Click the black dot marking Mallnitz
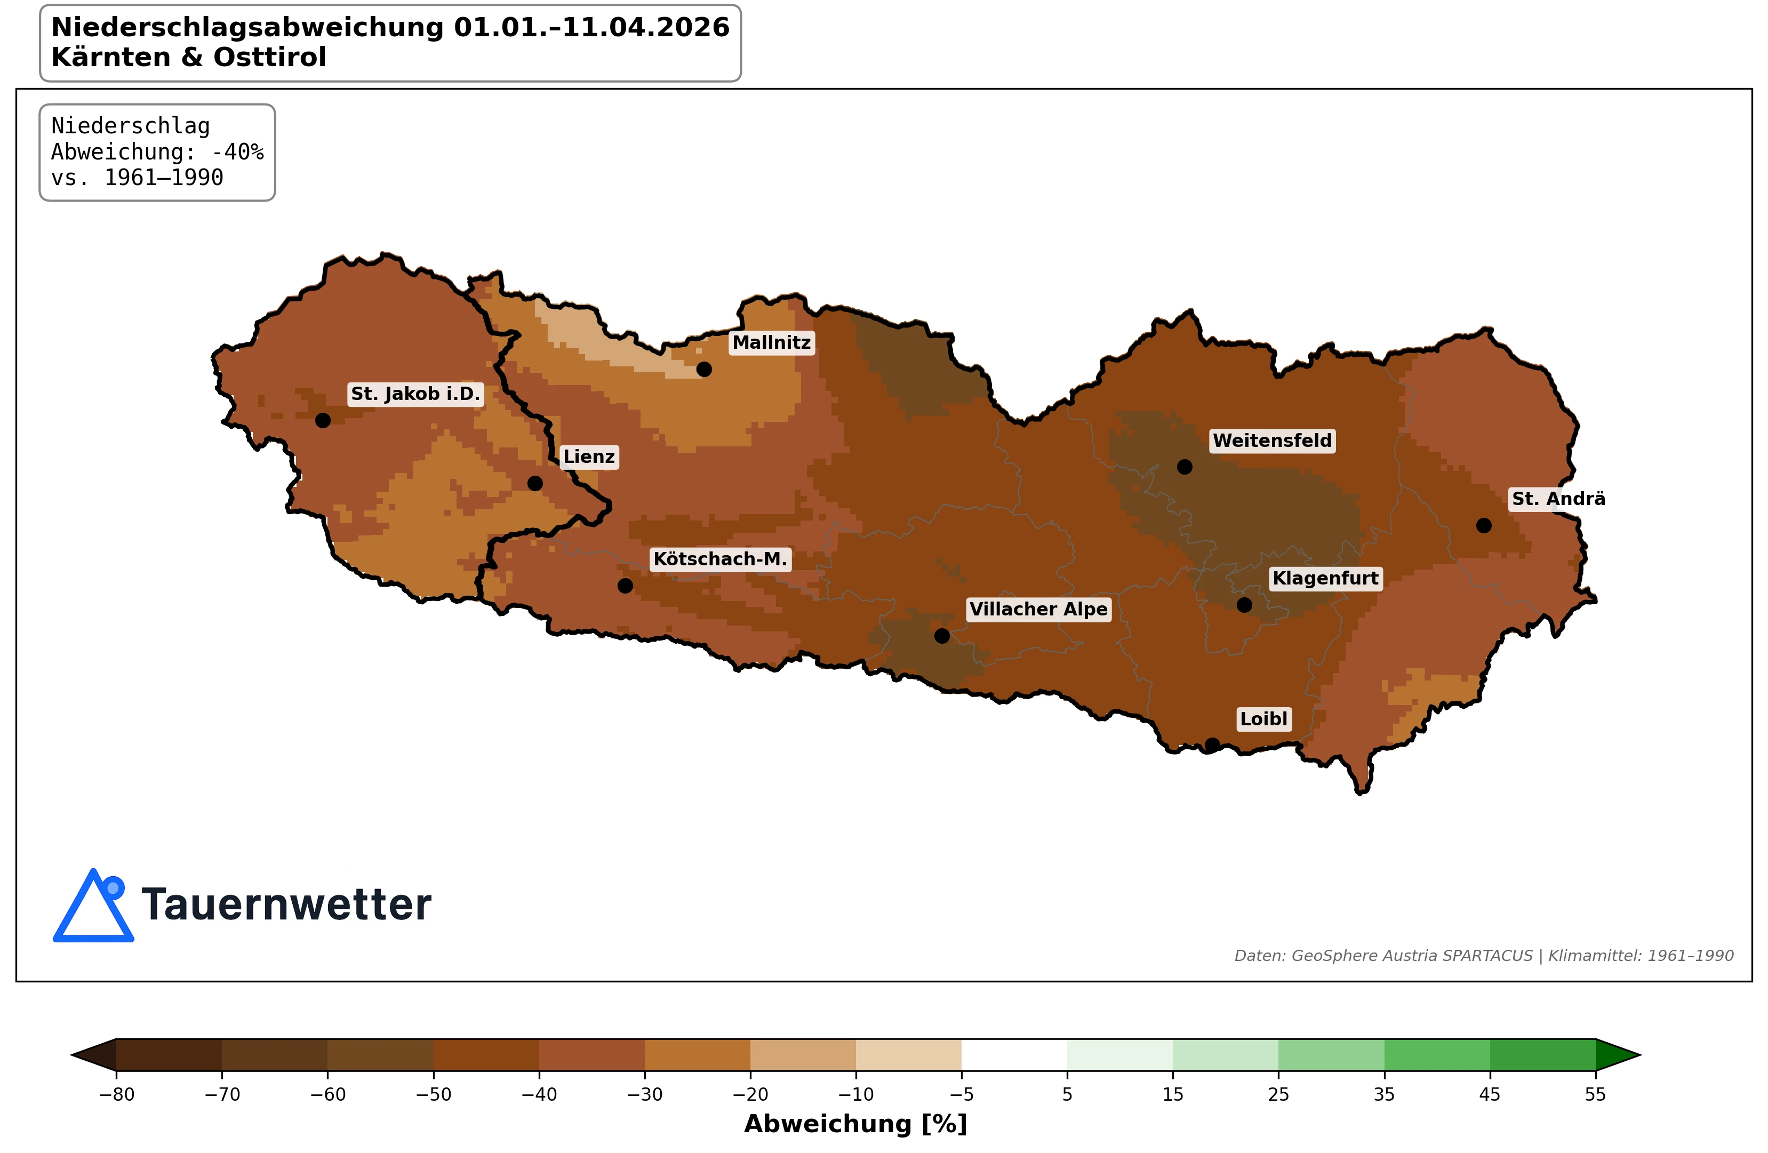coord(703,369)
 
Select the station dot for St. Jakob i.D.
coord(322,420)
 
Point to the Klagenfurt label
coord(1325,578)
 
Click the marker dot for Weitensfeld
coord(1185,467)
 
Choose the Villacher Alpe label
coord(1038,609)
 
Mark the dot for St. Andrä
coord(1484,525)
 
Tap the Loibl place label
coord(1263,718)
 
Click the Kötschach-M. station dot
coord(625,586)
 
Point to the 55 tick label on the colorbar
coord(1595,1094)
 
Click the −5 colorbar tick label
coord(961,1094)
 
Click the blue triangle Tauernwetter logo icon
coord(93,908)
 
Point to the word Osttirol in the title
coord(270,57)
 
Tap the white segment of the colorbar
coord(1014,1054)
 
